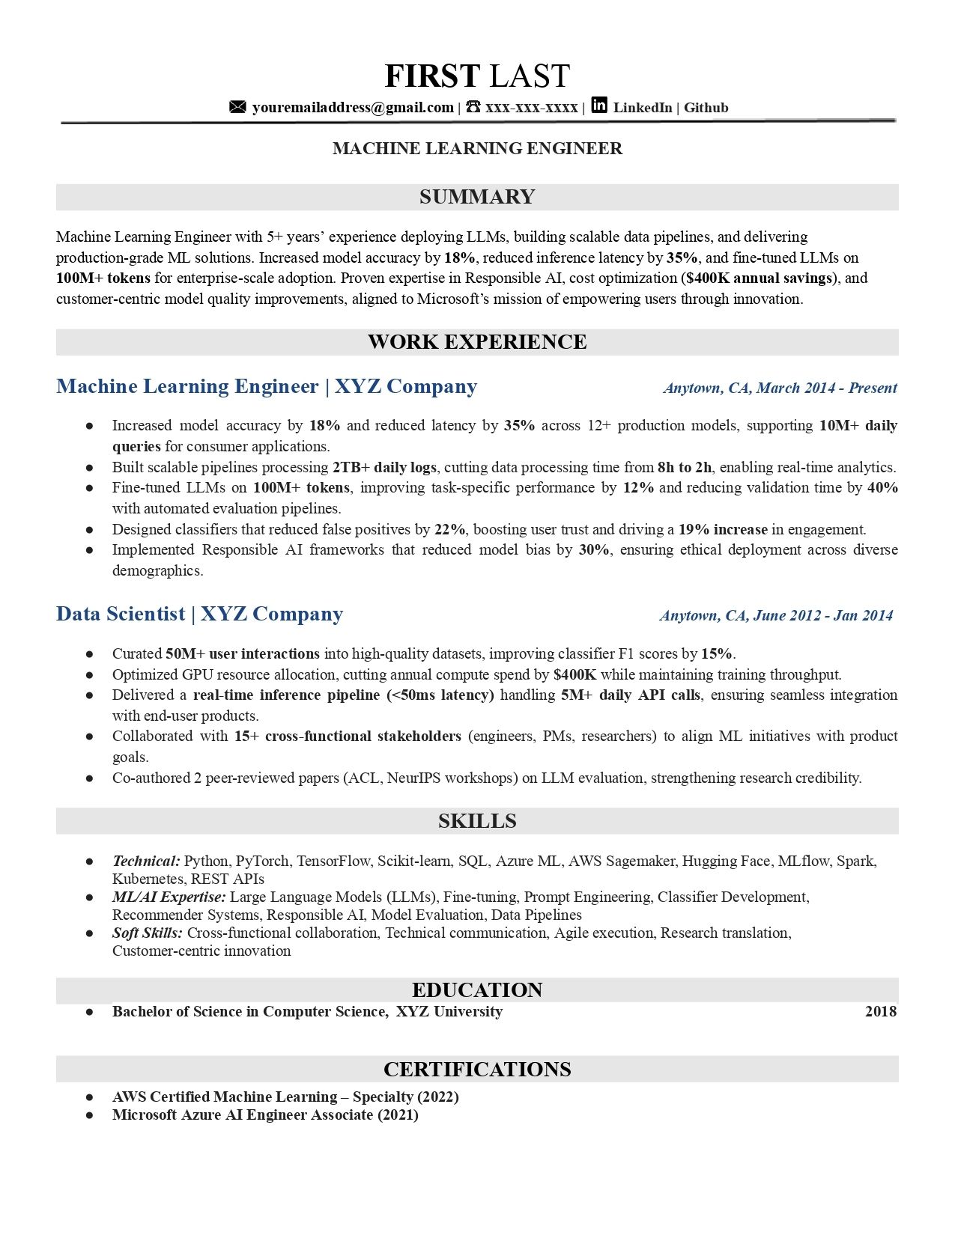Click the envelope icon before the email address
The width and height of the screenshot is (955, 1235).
click(237, 107)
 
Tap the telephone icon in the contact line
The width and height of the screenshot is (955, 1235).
click(473, 107)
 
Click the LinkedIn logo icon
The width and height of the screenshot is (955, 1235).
click(599, 106)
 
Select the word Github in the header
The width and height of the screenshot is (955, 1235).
click(706, 108)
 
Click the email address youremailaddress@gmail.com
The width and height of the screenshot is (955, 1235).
click(353, 108)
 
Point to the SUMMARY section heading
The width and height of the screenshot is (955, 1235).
click(477, 197)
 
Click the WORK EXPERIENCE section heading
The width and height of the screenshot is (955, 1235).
click(477, 342)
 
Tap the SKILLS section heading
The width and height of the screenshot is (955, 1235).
click(477, 821)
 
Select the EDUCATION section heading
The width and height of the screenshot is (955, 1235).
click(477, 989)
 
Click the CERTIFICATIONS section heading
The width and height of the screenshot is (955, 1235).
click(477, 1069)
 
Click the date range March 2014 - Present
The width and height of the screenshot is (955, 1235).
click(826, 388)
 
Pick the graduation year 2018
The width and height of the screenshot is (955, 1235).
click(880, 1011)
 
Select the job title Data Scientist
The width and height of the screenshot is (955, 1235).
click(121, 614)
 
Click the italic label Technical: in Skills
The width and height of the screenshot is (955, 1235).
click(146, 861)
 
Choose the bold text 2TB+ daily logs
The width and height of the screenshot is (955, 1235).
click(384, 467)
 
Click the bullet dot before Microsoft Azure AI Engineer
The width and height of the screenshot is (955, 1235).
click(89, 1114)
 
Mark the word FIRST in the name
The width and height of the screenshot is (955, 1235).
click(432, 76)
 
